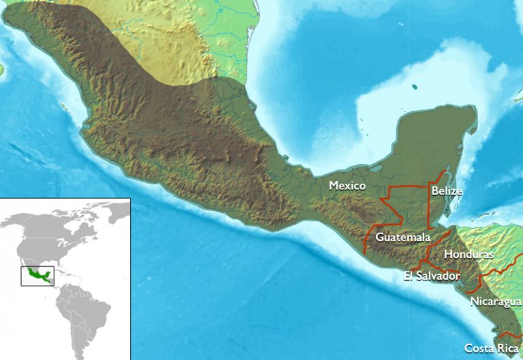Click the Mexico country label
click(347, 185)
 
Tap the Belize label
click(447, 191)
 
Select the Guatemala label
click(403, 238)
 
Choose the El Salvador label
click(431, 276)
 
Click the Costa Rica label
click(491, 348)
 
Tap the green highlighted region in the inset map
click(37, 276)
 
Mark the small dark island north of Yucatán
click(414, 86)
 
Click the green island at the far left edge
click(2, 69)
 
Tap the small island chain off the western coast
click(63, 105)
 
